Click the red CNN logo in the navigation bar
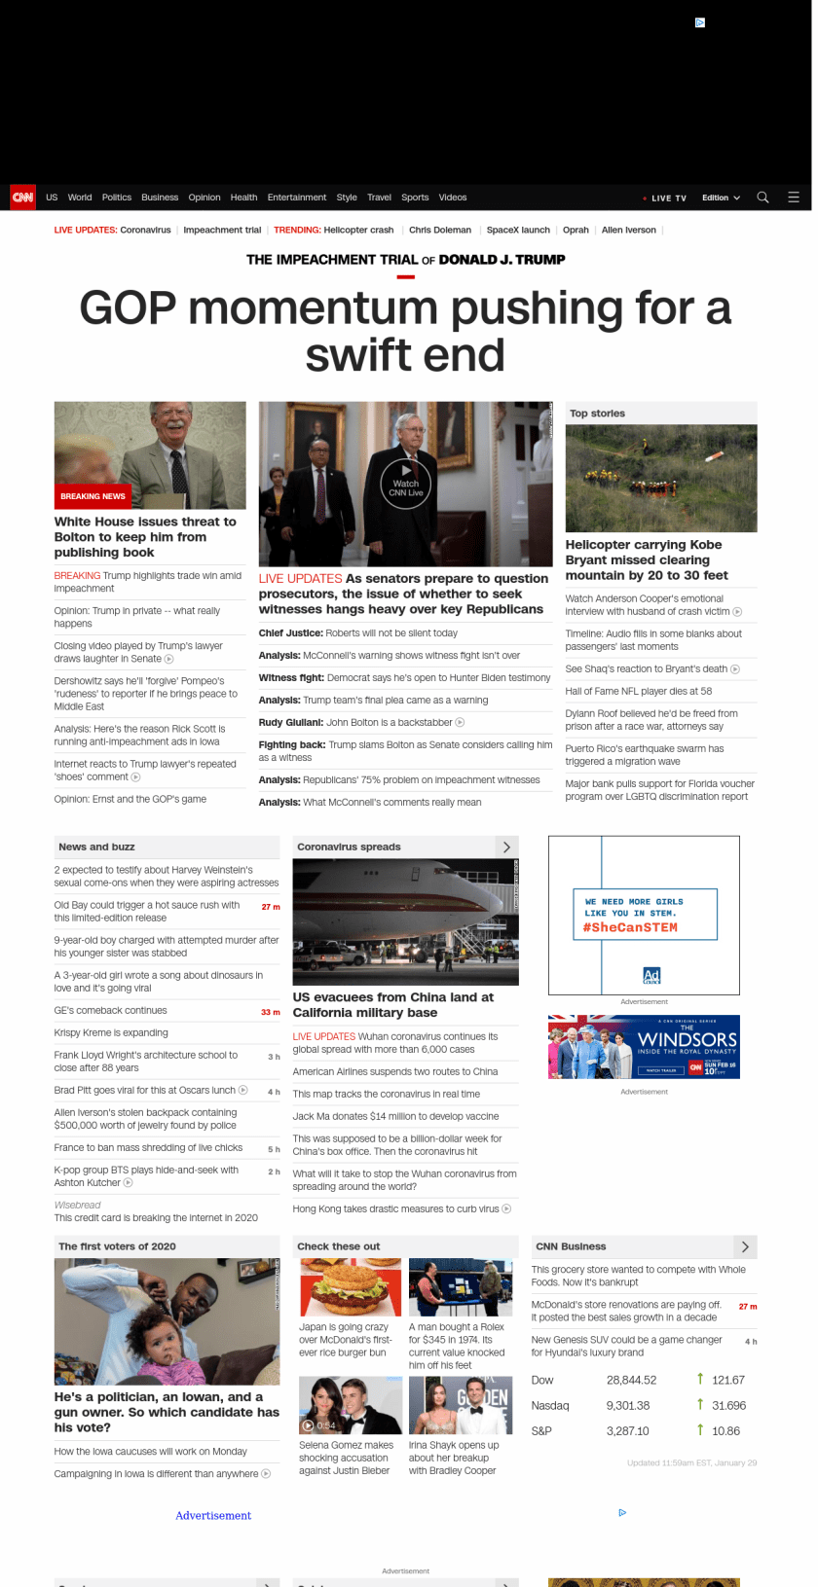[x=22, y=198]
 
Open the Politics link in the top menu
[x=117, y=198]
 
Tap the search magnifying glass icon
[x=762, y=198]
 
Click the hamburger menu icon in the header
[x=794, y=198]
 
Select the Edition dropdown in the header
[x=721, y=198]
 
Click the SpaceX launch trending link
[x=518, y=231]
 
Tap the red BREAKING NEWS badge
[x=93, y=496]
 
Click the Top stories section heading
[x=597, y=414]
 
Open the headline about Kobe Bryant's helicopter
[x=647, y=559]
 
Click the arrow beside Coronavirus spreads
[x=506, y=847]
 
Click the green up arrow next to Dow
[x=700, y=1379]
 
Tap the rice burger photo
[x=351, y=1287]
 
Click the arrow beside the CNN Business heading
[x=745, y=1246]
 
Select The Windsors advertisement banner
[x=644, y=1047]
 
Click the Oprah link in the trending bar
[x=576, y=231]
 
